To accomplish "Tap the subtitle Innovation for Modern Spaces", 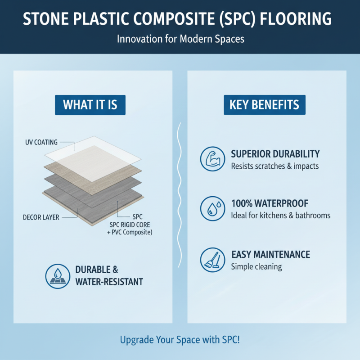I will click(x=180, y=39).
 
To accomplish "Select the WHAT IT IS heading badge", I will click(x=90, y=105).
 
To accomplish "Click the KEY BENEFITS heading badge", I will click(x=264, y=105).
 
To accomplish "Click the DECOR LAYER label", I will click(x=41, y=217).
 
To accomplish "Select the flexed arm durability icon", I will click(x=212, y=159).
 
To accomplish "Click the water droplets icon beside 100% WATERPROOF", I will click(x=212, y=208).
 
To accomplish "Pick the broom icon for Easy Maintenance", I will click(x=212, y=259).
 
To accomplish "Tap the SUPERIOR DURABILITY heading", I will click(x=275, y=154).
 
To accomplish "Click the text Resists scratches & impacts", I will click(x=274, y=166).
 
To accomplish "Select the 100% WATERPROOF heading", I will click(x=269, y=203).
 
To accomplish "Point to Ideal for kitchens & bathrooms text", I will click(x=280, y=215).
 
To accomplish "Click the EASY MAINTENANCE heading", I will click(x=270, y=255).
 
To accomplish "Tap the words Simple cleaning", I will click(x=256, y=266).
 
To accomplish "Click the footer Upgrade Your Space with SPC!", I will click(x=180, y=339).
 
